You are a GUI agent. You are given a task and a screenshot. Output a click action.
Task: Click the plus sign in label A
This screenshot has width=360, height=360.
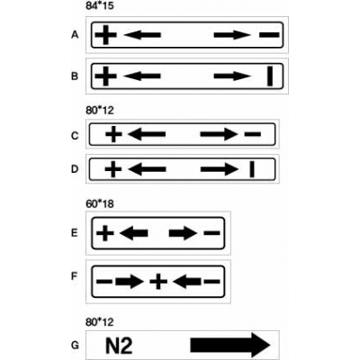click(x=105, y=35)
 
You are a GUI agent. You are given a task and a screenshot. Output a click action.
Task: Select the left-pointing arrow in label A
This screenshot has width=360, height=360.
click(x=142, y=35)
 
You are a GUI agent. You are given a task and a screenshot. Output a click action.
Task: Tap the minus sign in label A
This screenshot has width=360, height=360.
click(x=269, y=35)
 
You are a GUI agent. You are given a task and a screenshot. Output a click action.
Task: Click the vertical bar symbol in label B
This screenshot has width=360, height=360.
click(x=270, y=76)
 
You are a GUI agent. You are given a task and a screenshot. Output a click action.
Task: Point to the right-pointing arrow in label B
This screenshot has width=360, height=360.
click(x=232, y=76)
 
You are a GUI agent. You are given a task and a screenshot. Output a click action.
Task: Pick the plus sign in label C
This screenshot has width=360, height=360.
click(x=113, y=134)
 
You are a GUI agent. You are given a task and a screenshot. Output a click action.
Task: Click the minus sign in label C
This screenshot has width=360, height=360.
click(x=253, y=134)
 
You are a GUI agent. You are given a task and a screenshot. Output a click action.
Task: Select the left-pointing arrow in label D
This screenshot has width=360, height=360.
click(x=147, y=169)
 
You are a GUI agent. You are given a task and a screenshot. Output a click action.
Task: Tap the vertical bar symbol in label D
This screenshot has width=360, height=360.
click(x=252, y=169)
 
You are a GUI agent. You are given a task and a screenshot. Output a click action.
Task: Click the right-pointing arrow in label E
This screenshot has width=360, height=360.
click(x=183, y=233)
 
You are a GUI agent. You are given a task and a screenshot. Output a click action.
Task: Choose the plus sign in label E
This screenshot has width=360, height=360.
click(x=105, y=233)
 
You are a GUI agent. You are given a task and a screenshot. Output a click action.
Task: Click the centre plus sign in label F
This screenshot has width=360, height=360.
click(x=158, y=282)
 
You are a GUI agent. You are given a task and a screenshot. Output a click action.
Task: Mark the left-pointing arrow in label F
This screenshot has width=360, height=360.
click(x=187, y=282)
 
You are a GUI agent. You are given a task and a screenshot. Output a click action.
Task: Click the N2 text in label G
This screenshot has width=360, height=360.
click(x=119, y=346)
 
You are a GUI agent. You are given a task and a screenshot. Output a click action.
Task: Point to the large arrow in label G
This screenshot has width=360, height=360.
click(x=230, y=346)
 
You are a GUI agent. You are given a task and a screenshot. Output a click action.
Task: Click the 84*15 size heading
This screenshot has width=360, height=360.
click(x=100, y=6)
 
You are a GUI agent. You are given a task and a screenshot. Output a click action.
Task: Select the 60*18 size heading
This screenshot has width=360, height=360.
click(x=100, y=204)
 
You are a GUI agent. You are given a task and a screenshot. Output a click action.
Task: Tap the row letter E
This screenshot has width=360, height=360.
click(x=75, y=233)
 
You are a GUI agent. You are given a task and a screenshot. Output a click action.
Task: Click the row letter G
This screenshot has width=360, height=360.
click(x=75, y=346)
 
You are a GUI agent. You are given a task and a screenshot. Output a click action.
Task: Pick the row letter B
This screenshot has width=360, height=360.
click(x=75, y=76)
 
